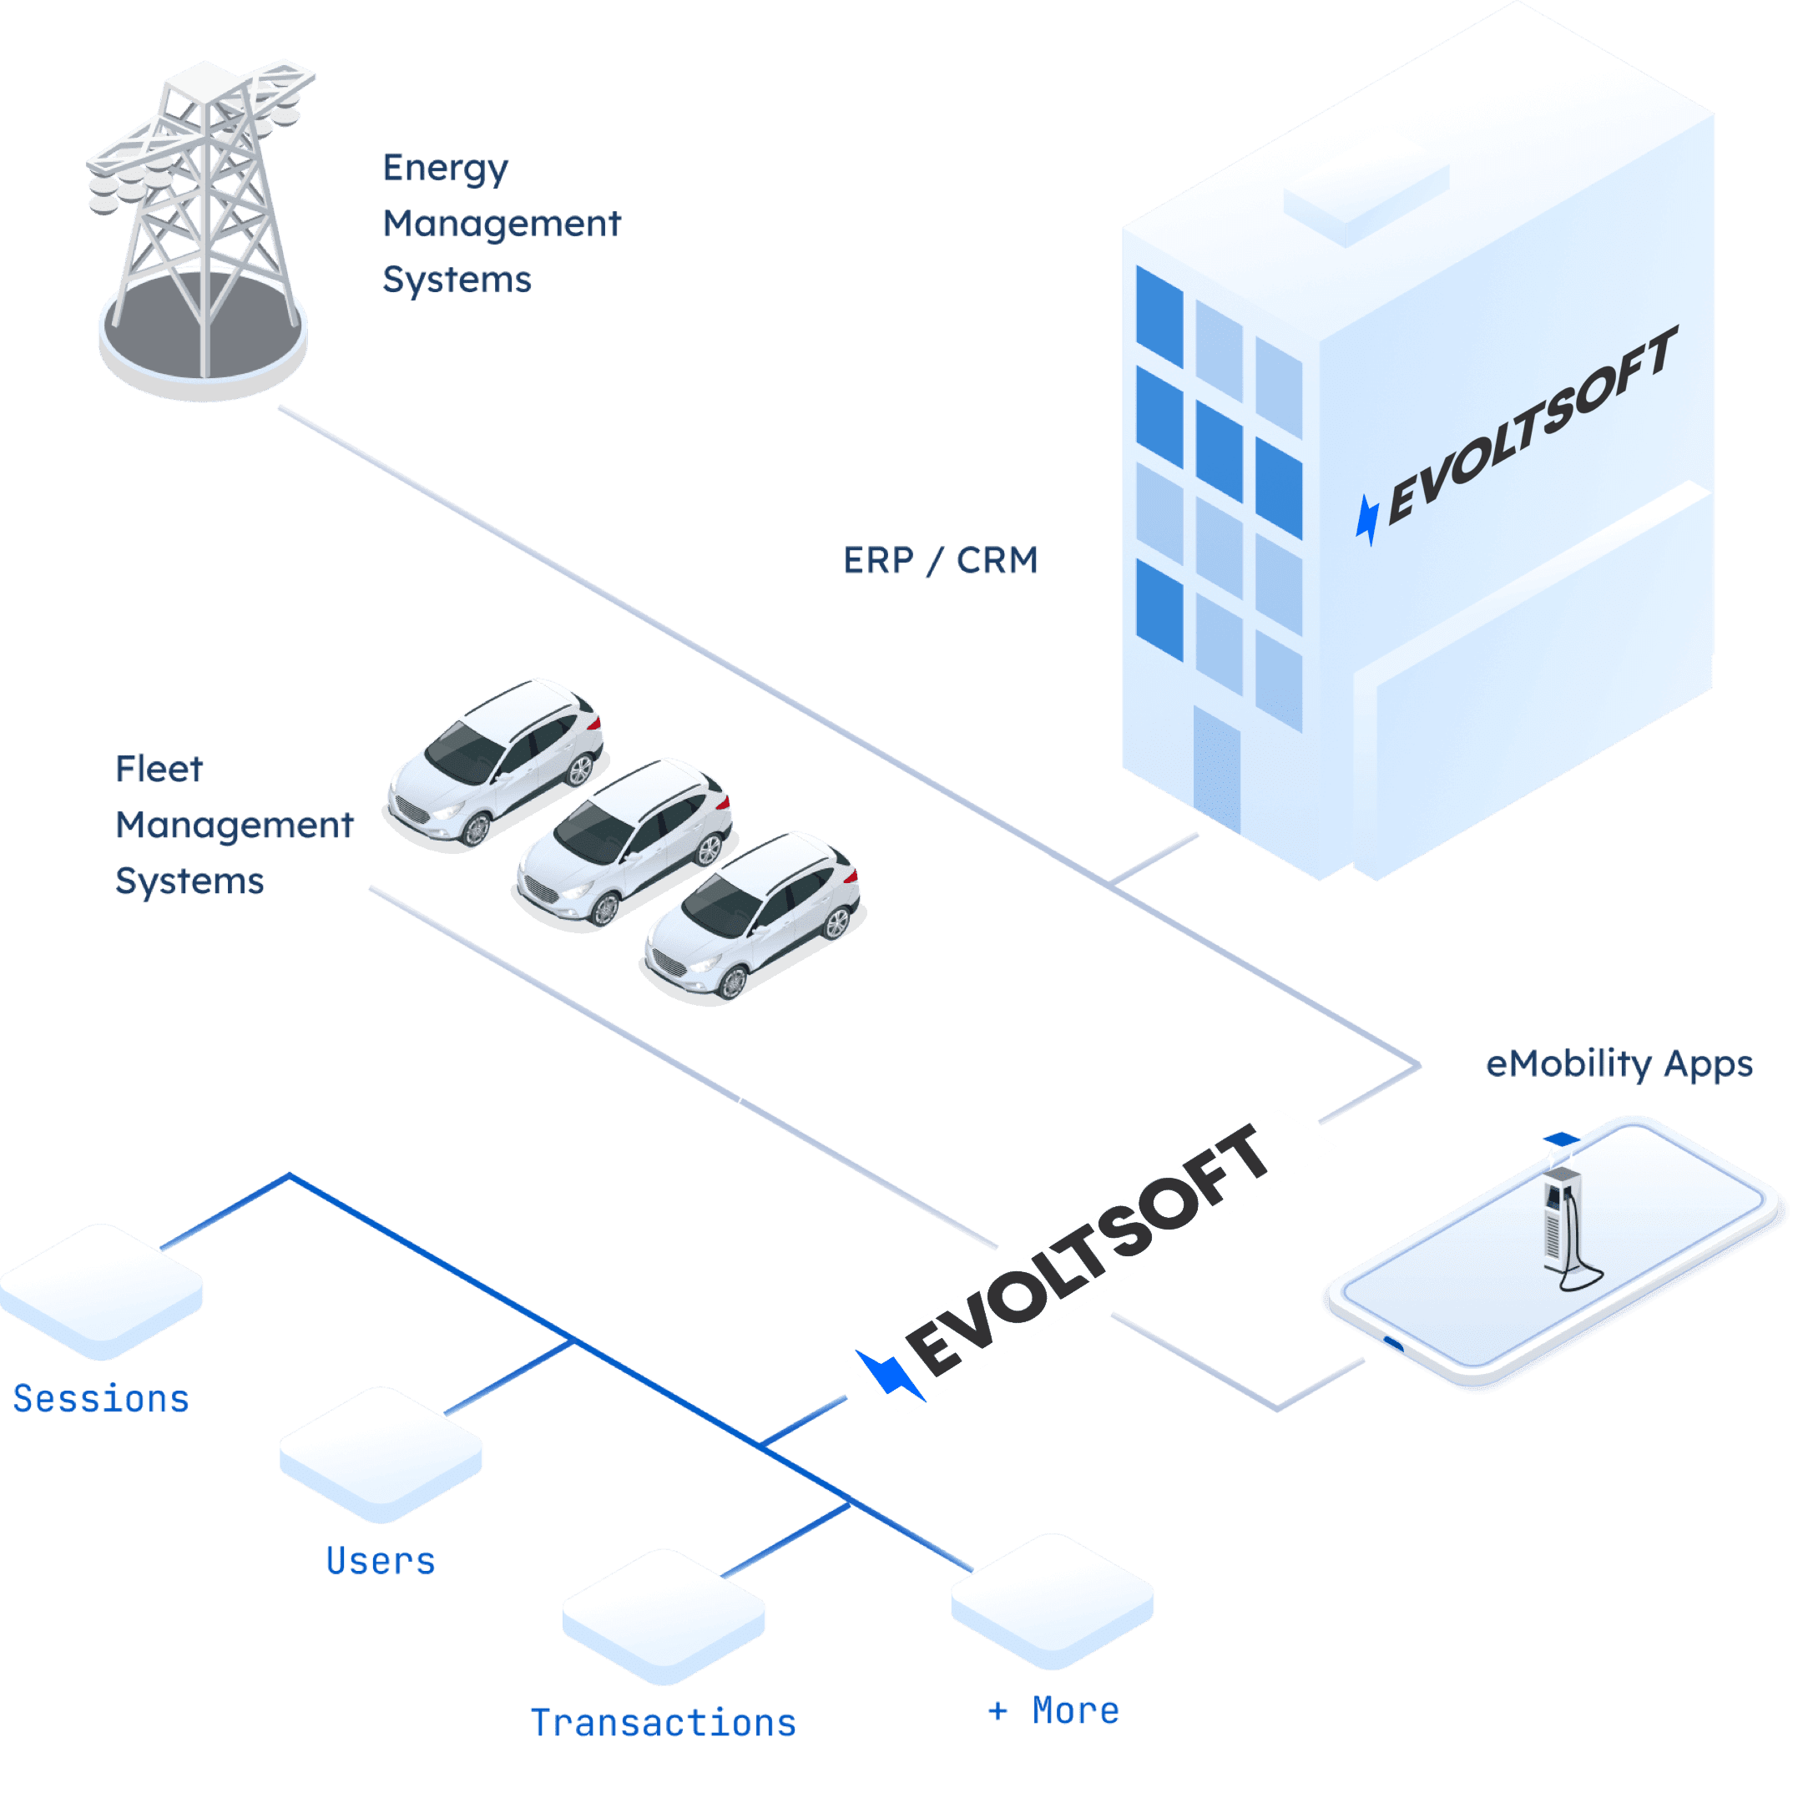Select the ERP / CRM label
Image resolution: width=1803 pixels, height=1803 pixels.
[940, 561]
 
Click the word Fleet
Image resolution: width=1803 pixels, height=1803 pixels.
[159, 769]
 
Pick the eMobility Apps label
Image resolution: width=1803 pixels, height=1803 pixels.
[1619, 1064]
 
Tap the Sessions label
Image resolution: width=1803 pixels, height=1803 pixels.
[101, 1399]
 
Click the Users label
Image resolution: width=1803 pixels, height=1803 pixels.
[381, 1560]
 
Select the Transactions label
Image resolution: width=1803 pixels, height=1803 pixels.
[664, 1723]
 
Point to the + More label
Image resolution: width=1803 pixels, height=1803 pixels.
[1053, 1710]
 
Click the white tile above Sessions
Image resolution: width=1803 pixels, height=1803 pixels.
[101, 1288]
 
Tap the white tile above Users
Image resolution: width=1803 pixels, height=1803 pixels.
[381, 1452]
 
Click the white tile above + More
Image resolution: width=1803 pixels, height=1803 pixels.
[1052, 1598]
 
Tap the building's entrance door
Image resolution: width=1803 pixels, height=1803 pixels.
[1216, 770]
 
